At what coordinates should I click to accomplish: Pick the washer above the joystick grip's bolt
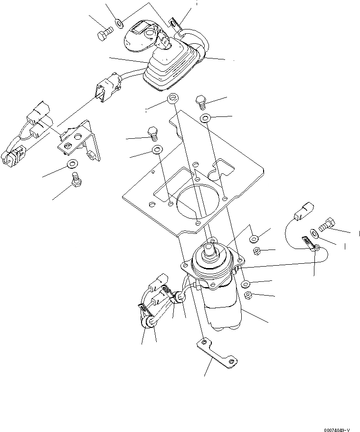pos(119,22)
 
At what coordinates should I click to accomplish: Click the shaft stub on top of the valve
pos(208,246)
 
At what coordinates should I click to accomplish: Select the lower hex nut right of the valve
pos(248,296)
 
